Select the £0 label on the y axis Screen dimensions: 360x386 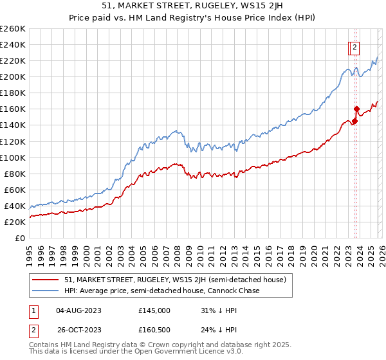(20, 238)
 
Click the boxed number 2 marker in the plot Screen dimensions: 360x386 (355, 47)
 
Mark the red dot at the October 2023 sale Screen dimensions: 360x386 (356, 109)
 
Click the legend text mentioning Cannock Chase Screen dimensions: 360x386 (162, 291)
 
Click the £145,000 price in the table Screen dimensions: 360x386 (154, 310)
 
